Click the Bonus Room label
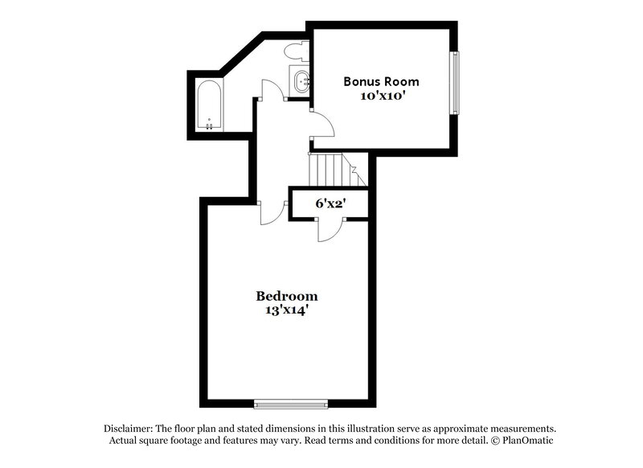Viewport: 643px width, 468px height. click(x=381, y=81)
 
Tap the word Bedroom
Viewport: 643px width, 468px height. click(x=286, y=295)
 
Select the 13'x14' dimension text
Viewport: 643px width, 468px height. click(x=286, y=310)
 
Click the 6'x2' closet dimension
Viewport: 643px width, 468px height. click(x=330, y=203)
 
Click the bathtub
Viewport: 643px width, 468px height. click(x=211, y=105)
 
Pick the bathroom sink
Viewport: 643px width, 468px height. click(x=301, y=80)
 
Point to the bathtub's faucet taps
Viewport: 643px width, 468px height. click(x=211, y=125)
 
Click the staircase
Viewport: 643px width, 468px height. click(x=330, y=169)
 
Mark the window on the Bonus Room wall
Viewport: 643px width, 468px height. click(x=455, y=84)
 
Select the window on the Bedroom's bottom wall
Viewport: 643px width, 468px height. click(x=291, y=404)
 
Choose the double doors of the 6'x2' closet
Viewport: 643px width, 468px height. click(x=330, y=228)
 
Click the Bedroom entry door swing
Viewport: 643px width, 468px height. click(x=274, y=211)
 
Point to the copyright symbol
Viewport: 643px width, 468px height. click(x=495, y=441)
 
